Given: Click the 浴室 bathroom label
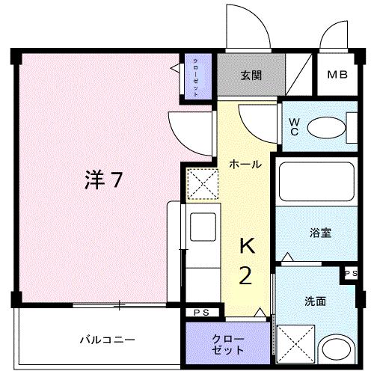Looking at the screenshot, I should pyautogui.click(x=320, y=232).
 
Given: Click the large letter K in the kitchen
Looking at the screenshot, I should pyautogui.click(x=247, y=246).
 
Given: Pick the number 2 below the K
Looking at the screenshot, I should pyautogui.click(x=245, y=277).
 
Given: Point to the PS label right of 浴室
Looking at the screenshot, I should pyautogui.click(x=350, y=274).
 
